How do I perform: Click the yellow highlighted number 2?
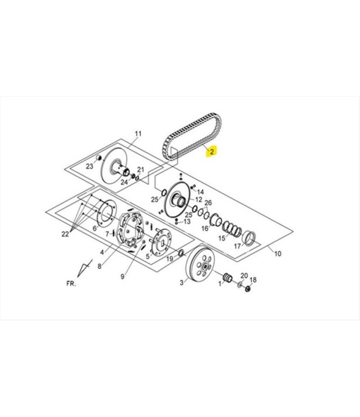(212, 152)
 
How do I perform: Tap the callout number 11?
(138, 133)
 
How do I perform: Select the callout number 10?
(277, 254)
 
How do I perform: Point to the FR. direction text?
(71, 284)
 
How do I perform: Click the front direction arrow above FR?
(84, 268)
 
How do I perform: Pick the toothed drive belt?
(192, 136)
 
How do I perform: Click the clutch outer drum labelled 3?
(200, 262)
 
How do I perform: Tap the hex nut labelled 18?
(248, 289)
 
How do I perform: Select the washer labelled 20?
(240, 284)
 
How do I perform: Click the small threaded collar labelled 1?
(228, 277)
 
